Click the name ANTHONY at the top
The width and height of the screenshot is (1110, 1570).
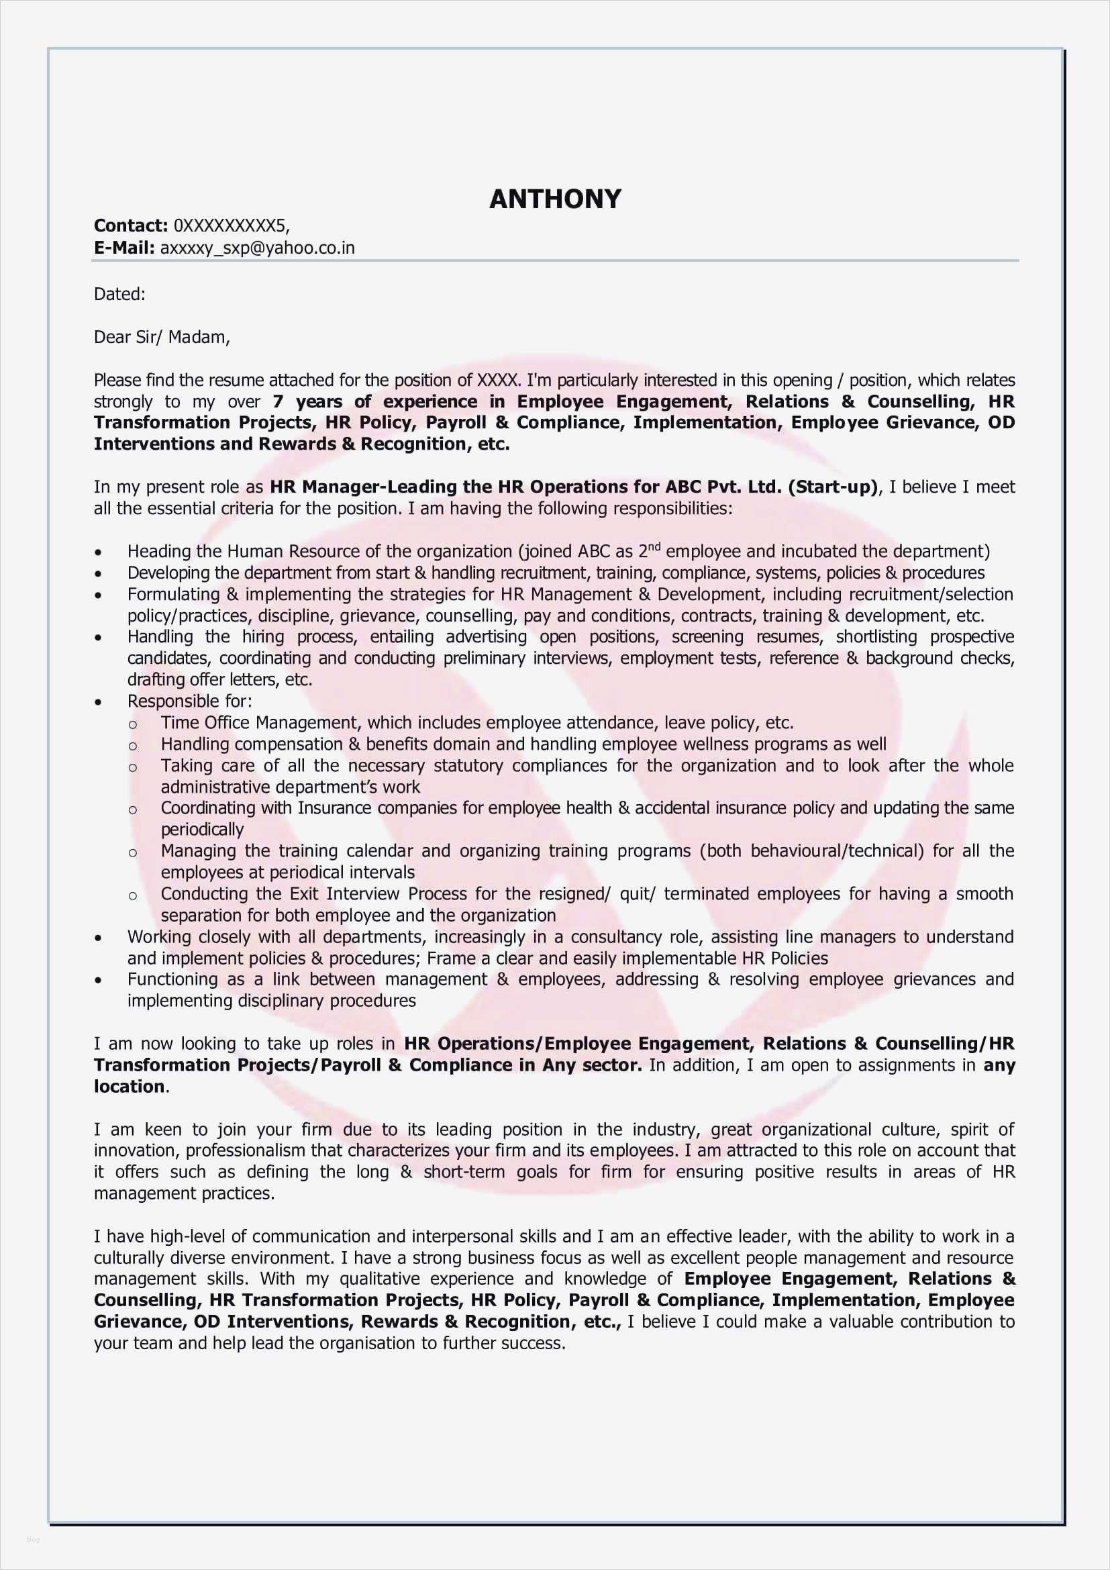(x=554, y=199)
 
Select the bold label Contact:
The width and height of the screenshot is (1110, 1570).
(x=131, y=226)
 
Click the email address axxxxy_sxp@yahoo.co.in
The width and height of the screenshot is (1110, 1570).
(x=258, y=248)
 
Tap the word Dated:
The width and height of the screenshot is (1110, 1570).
(x=119, y=294)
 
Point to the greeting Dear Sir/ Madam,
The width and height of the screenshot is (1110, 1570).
(x=162, y=337)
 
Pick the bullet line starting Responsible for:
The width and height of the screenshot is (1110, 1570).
(x=189, y=701)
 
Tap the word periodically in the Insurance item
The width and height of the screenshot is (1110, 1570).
(x=201, y=830)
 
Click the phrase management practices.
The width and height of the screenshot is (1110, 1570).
(x=184, y=1193)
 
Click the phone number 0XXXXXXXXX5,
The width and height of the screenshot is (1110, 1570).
(x=231, y=226)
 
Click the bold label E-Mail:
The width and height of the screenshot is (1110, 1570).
(x=124, y=248)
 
